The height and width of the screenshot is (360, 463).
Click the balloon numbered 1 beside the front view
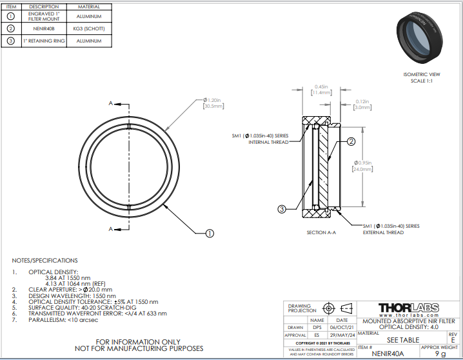(209, 234)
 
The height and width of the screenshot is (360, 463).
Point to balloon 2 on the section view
(351, 142)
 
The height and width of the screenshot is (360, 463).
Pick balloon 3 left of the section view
(282, 208)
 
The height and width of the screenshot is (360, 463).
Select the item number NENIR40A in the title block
(387, 353)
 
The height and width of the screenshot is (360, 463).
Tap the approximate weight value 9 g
(440, 353)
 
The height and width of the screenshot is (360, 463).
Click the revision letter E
(453, 339)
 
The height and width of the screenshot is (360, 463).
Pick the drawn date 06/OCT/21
(342, 327)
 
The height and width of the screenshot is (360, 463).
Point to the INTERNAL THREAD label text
(268, 142)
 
